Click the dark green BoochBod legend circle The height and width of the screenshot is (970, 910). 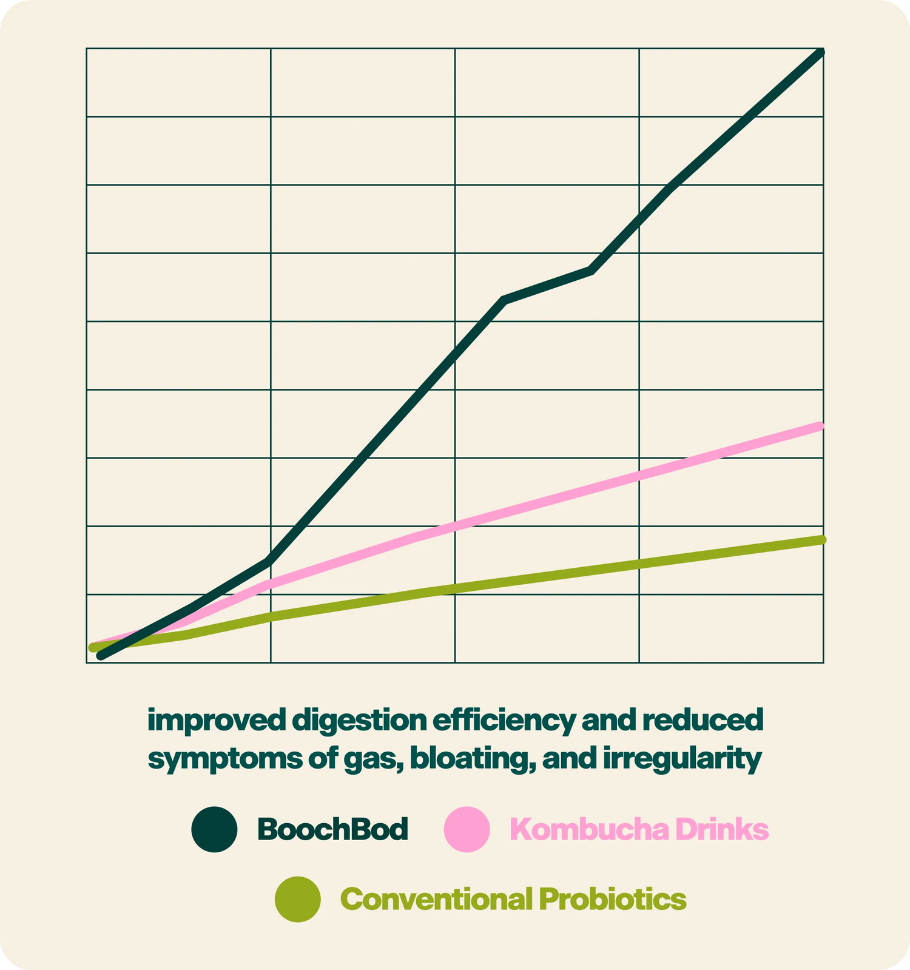click(x=214, y=829)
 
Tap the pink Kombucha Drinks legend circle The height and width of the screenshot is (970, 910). click(x=467, y=829)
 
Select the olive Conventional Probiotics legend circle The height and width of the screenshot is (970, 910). click(x=298, y=899)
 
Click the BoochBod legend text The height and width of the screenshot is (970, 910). click(x=333, y=829)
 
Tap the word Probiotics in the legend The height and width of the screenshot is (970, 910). click(x=613, y=899)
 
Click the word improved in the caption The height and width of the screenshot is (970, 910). click(x=216, y=721)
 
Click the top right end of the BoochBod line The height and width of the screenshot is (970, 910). click(x=821, y=53)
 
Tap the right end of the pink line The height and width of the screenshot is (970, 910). click(x=821, y=426)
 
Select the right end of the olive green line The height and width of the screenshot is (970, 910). click(x=821, y=540)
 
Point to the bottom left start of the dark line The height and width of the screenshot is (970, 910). click(x=101, y=655)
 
